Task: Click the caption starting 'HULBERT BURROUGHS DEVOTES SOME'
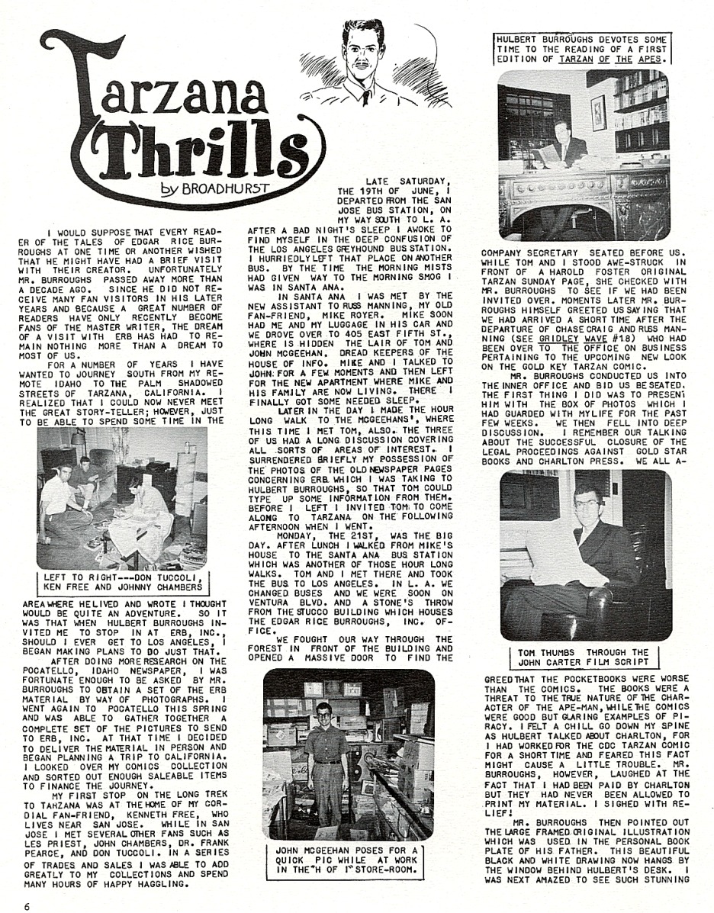click(582, 47)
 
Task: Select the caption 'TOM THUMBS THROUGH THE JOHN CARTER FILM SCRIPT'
click(583, 657)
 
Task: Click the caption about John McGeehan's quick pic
click(346, 860)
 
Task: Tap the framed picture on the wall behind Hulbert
click(598, 112)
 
